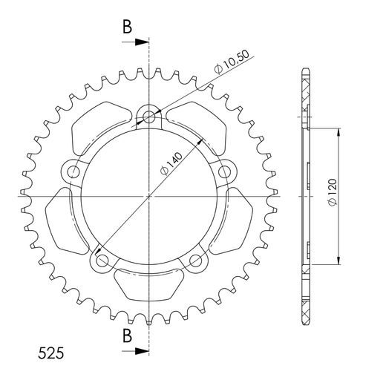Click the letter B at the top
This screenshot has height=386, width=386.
(127, 27)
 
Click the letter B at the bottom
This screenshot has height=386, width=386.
(127, 336)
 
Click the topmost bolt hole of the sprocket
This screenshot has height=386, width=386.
(148, 116)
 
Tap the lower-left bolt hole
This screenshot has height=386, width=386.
(101, 261)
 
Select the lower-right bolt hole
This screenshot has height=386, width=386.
(196, 261)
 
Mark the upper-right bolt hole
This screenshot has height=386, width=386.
(226, 172)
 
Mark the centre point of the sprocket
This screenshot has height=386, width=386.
(148, 196)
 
